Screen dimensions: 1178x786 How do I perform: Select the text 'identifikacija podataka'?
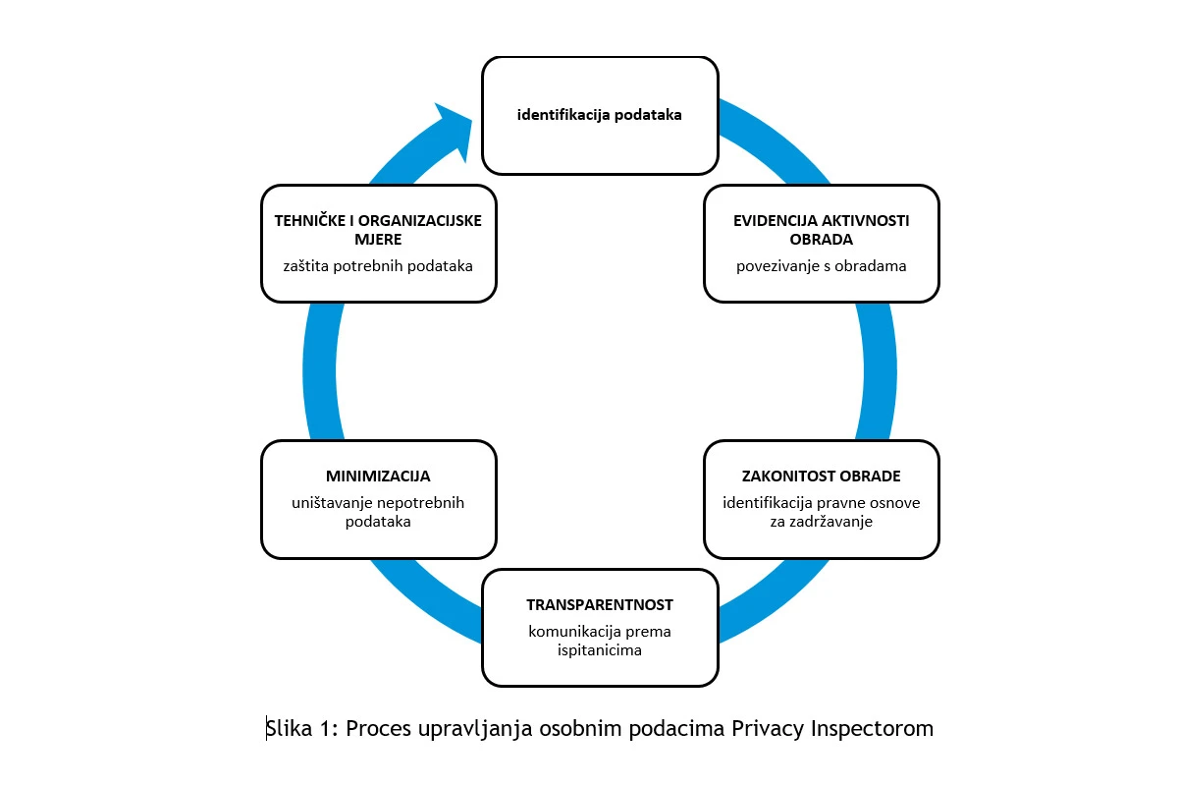[x=600, y=115]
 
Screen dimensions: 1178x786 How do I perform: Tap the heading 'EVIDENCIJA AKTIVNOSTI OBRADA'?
[x=821, y=230]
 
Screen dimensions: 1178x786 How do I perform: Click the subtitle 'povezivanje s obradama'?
[x=821, y=266]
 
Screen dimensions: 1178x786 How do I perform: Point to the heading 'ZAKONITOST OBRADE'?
[x=821, y=476]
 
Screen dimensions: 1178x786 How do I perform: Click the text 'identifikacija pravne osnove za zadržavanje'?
[x=821, y=512]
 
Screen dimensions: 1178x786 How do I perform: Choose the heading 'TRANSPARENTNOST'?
[x=600, y=605]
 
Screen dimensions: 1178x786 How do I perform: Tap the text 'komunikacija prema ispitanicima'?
[x=600, y=641]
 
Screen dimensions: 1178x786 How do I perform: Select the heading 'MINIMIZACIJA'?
[x=378, y=476]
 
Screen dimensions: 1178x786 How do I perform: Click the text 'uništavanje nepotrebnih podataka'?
[x=378, y=512]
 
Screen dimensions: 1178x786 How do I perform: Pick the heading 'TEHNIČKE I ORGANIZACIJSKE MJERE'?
[x=378, y=230]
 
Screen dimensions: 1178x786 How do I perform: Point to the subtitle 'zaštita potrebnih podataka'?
[x=378, y=266]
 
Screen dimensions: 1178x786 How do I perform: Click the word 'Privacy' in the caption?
[x=768, y=729]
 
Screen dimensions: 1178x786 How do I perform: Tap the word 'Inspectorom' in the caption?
[x=872, y=729]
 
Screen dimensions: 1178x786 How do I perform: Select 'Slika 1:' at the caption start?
[x=302, y=728]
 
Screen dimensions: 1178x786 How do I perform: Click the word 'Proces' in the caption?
[x=378, y=729]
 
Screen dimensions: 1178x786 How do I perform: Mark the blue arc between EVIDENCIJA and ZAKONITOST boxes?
[x=880, y=371]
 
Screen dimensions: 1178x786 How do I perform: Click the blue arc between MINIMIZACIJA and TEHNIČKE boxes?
[x=320, y=371]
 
